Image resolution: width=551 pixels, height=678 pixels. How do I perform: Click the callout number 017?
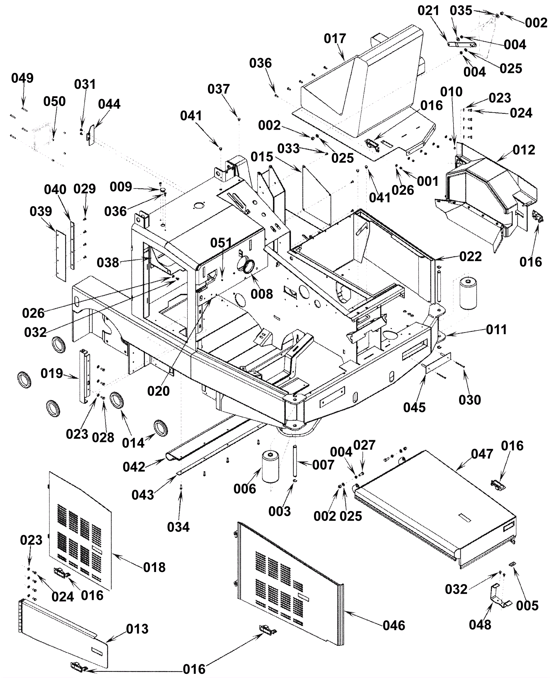pyautogui.click(x=335, y=39)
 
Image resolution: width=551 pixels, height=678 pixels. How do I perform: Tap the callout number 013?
pyautogui.click(x=137, y=629)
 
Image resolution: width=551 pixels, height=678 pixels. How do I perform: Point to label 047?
pyautogui.click(x=482, y=454)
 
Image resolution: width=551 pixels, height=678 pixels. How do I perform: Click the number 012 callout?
pyautogui.click(x=524, y=150)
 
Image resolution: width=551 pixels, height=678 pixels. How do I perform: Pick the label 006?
pyautogui.click(x=245, y=489)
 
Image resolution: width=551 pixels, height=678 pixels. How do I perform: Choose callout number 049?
pyautogui.click(x=22, y=78)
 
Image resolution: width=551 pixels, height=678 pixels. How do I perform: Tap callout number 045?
pyautogui.click(x=415, y=407)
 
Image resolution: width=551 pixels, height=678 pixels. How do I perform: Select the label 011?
pyautogui.click(x=496, y=330)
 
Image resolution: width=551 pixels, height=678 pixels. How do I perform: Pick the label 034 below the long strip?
pyautogui.click(x=178, y=527)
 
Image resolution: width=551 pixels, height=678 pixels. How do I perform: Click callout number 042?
pyautogui.click(x=134, y=467)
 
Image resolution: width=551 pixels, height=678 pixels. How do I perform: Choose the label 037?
pyautogui.click(x=218, y=89)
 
